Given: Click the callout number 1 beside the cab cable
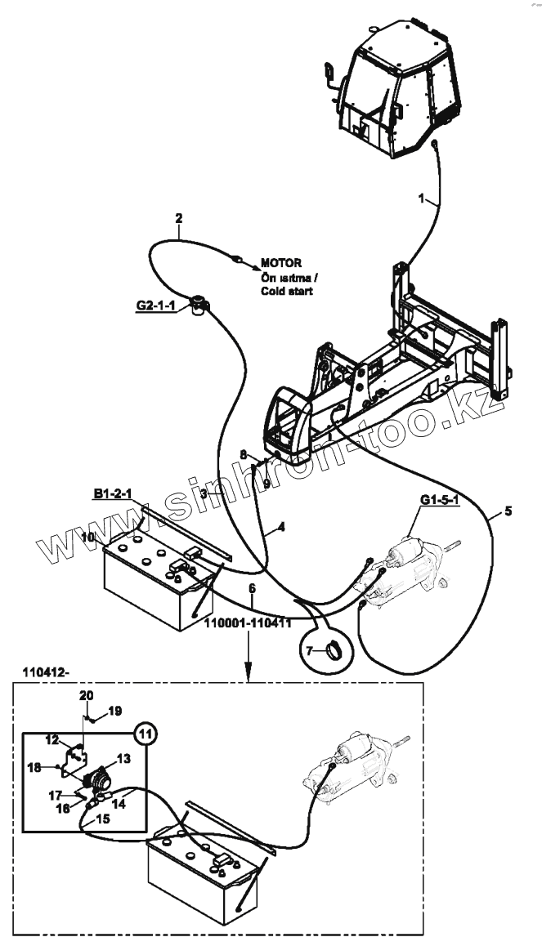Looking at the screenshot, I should coord(422,199).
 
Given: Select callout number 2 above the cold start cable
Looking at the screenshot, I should coord(179,218).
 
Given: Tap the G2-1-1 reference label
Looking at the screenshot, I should coord(155,306).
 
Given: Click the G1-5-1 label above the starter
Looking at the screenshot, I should coord(438,501).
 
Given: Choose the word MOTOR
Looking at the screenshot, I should coord(281,263).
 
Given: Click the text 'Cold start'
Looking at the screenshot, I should coord(287,291).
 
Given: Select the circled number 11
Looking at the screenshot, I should coord(145,733).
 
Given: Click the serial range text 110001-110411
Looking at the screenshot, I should coord(249,623).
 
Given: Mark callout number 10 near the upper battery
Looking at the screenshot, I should coord(89,537).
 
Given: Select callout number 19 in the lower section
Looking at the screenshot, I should coord(114,711).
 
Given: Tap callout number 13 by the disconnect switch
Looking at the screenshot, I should coord(123,758).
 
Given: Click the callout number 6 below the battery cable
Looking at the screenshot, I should coord(252,588).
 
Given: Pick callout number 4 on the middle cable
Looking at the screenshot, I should coord(280,528).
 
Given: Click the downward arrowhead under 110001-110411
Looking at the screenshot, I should coord(249,676).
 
